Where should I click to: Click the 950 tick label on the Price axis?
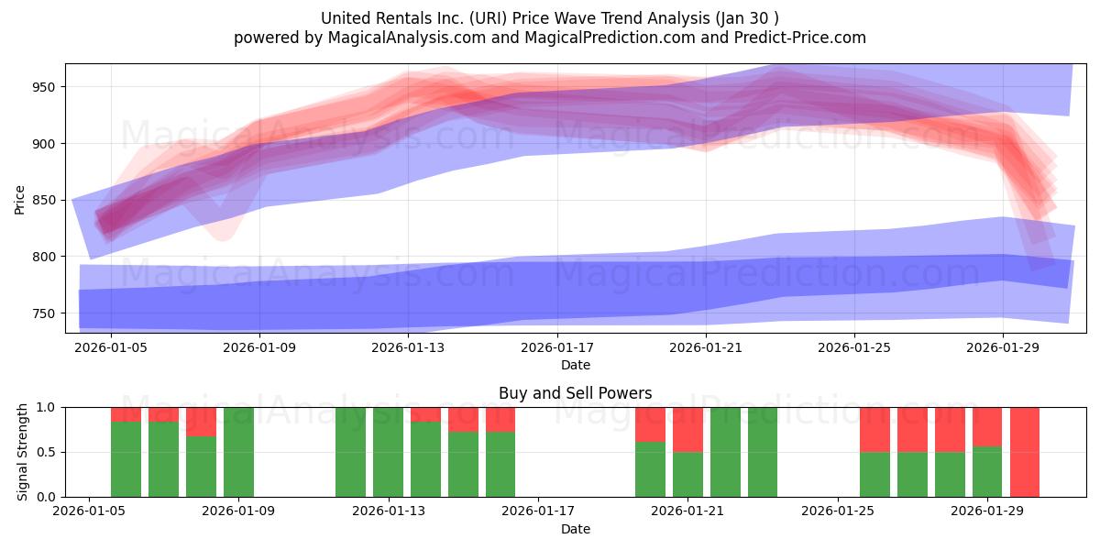pyautogui.click(x=44, y=87)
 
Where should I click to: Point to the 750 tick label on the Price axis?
pyautogui.click(x=44, y=313)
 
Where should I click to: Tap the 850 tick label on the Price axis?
pyautogui.click(x=44, y=201)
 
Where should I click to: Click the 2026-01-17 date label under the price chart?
pyautogui.click(x=557, y=347)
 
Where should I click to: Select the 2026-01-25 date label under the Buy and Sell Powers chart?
pyautogui.click(x=838, y=511)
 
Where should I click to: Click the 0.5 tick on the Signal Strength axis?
pyautogui.click(x=46, y=452)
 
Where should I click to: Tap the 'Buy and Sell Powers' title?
pyautogui.click(x=575, y=393)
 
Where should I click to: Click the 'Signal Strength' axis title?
pyautogui.click(x=22, y=452)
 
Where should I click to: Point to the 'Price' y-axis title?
pyautogui.click(x=19, y=200)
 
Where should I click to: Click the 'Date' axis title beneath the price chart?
pyautogui.click(x=576, y=365)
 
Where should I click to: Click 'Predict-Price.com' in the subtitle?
pyautogui.click(x=800, y=38)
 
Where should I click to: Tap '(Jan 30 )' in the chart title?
pyautogui.click(x=747, y=18)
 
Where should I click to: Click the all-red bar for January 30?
pyautogui.click(x=1025, y=452)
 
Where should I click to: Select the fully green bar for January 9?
pyautogui.click(x=238, y=452)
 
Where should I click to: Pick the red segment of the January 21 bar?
pyautogui.click(x=687, y=430)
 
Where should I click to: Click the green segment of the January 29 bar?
pyautogui.click(x=987, y=472)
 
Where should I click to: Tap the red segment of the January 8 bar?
pyautogui.click(x=201, y=422)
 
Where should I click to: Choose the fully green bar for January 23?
pyautogui.click(x=763, y=452)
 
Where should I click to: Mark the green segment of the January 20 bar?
pyautogui.click(x=650, y=469)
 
